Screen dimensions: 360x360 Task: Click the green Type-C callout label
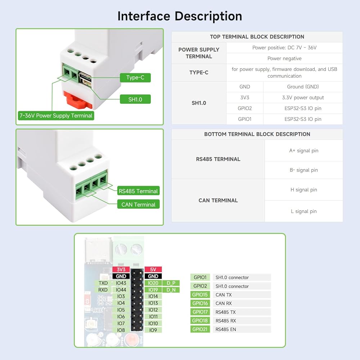[x=135, y=77]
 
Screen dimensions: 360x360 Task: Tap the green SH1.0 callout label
[x=135, y=99]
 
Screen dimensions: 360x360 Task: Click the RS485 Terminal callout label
[x=138, y=191]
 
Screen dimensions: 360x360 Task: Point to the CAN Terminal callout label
[x=138, y=204]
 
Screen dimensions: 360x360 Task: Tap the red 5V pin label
[x=153, y=269]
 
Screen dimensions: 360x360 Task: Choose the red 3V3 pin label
[x=121, y=269]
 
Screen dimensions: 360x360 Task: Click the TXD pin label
[x=103, y=283]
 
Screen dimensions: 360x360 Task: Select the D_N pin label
[x=171, y=290]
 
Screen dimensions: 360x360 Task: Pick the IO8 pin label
[x=121, y=330]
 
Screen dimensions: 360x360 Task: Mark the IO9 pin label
[x=153, y=330]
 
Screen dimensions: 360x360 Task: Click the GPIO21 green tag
[x=200, y=329]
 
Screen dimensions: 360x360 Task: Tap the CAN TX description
[x=224, y=295]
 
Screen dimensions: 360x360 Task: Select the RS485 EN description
[x=226, y=329]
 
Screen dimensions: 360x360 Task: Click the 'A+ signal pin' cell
[x=303, y=151]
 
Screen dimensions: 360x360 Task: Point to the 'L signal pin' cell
[x=303, y=211]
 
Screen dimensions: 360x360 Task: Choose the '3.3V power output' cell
[x=303, y=98]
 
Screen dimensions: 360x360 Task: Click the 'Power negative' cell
[x=284, y=58]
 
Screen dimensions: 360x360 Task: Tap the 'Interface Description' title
[x=180, y=16]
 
